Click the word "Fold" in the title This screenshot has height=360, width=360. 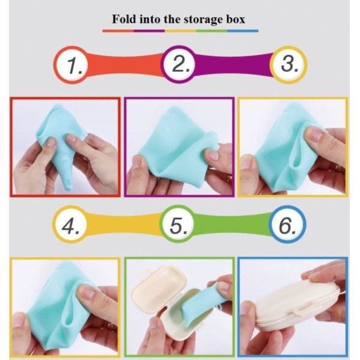[124, 19]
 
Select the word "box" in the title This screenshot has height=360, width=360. [236, 19]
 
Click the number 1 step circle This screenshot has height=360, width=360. [72, 65]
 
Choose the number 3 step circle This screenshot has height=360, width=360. [289, 65]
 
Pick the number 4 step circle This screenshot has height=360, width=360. [71, 224]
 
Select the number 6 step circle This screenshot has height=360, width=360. [287, 224]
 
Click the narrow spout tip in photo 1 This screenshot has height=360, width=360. [69, 188]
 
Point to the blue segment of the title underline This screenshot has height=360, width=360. [243, 31]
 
